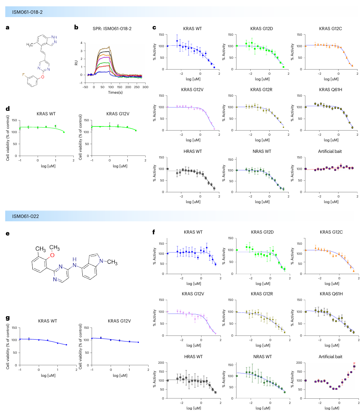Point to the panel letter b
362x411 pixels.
tap(76, 27)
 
